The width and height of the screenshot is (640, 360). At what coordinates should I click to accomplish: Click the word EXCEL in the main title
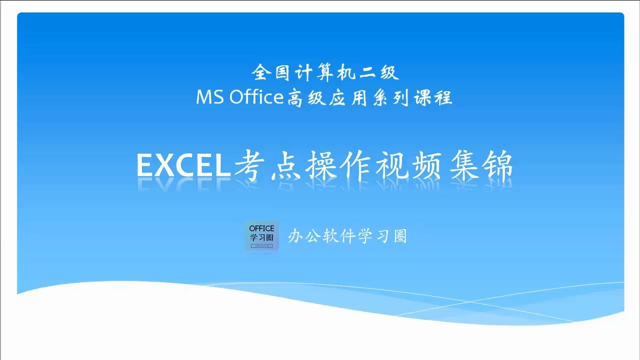coord(182,165)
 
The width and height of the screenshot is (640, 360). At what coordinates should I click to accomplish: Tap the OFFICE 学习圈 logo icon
coord(261,235)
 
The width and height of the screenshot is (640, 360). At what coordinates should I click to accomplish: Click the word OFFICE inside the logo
coord(261,228)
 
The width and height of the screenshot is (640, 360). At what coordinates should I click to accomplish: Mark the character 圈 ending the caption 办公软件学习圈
coord(400,236)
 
